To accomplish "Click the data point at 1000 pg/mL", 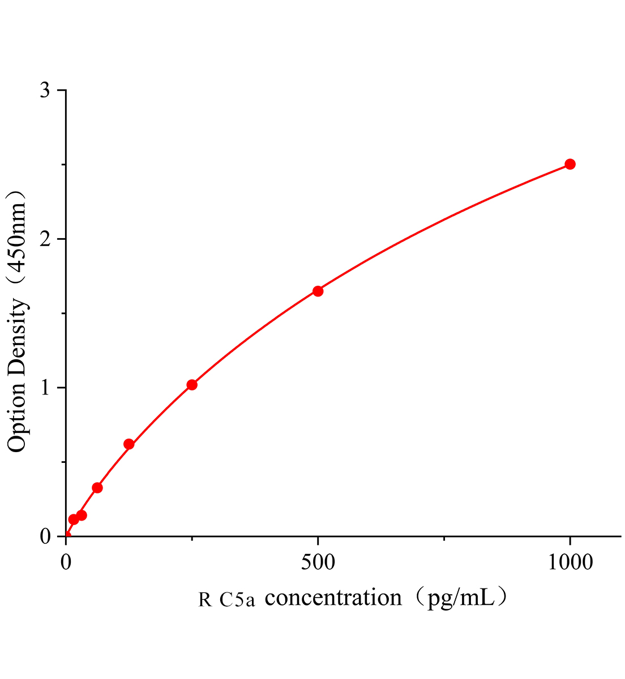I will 570,164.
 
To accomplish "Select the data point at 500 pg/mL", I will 318,291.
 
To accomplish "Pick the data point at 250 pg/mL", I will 192,385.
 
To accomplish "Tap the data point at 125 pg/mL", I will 129,444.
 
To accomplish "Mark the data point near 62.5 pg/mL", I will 97,488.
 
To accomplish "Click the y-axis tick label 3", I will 46,91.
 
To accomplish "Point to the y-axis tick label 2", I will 46,239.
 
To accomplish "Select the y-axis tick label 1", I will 46,388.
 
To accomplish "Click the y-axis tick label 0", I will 46,536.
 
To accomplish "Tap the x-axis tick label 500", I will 318,562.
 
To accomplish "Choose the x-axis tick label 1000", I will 570,562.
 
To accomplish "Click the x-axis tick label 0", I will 66,562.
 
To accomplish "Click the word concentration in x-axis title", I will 333,598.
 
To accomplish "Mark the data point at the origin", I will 67,535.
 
